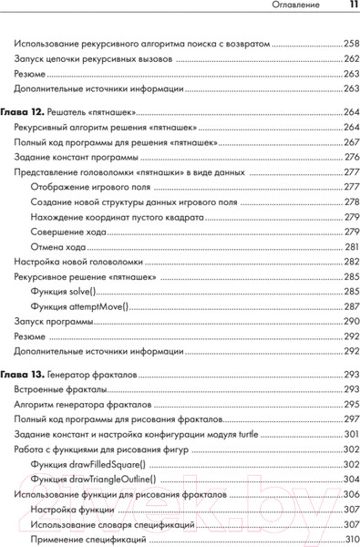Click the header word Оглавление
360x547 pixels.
(x=302, y=7)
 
